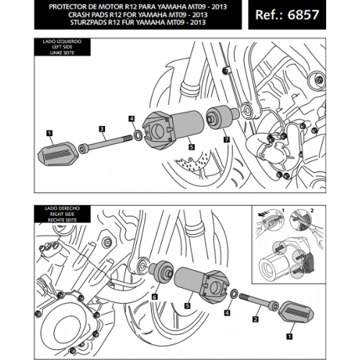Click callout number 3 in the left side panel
click(x=102, y=129)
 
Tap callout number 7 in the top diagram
click(x=226, y=138)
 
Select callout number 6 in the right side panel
click(x=155, y=296)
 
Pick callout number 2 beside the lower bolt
click(x=256, y=315)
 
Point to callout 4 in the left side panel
click(x=131, y=117)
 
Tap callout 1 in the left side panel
click(x=48, y=132)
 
